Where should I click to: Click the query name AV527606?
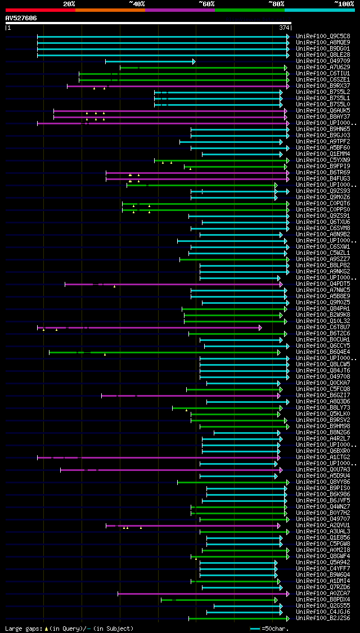[21, 18]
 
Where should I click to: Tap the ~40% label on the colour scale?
[137, 4]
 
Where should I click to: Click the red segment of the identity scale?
[40, 10]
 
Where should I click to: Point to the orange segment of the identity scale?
[110, 10]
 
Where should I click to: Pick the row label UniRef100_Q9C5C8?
[323, 37]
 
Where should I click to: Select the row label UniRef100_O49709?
[323, 61]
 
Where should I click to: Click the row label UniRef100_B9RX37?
[323, 86]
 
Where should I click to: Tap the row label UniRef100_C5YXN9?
[323, 160]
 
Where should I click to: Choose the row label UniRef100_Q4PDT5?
[323, 284]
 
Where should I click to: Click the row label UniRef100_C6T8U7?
[323, 327]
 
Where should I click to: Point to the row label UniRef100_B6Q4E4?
[323, 352]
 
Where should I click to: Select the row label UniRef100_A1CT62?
[323, 457]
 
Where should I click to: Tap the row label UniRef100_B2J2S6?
[323, 618]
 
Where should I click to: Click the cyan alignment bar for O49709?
[149, 61]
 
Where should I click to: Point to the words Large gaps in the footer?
[22, 628]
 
